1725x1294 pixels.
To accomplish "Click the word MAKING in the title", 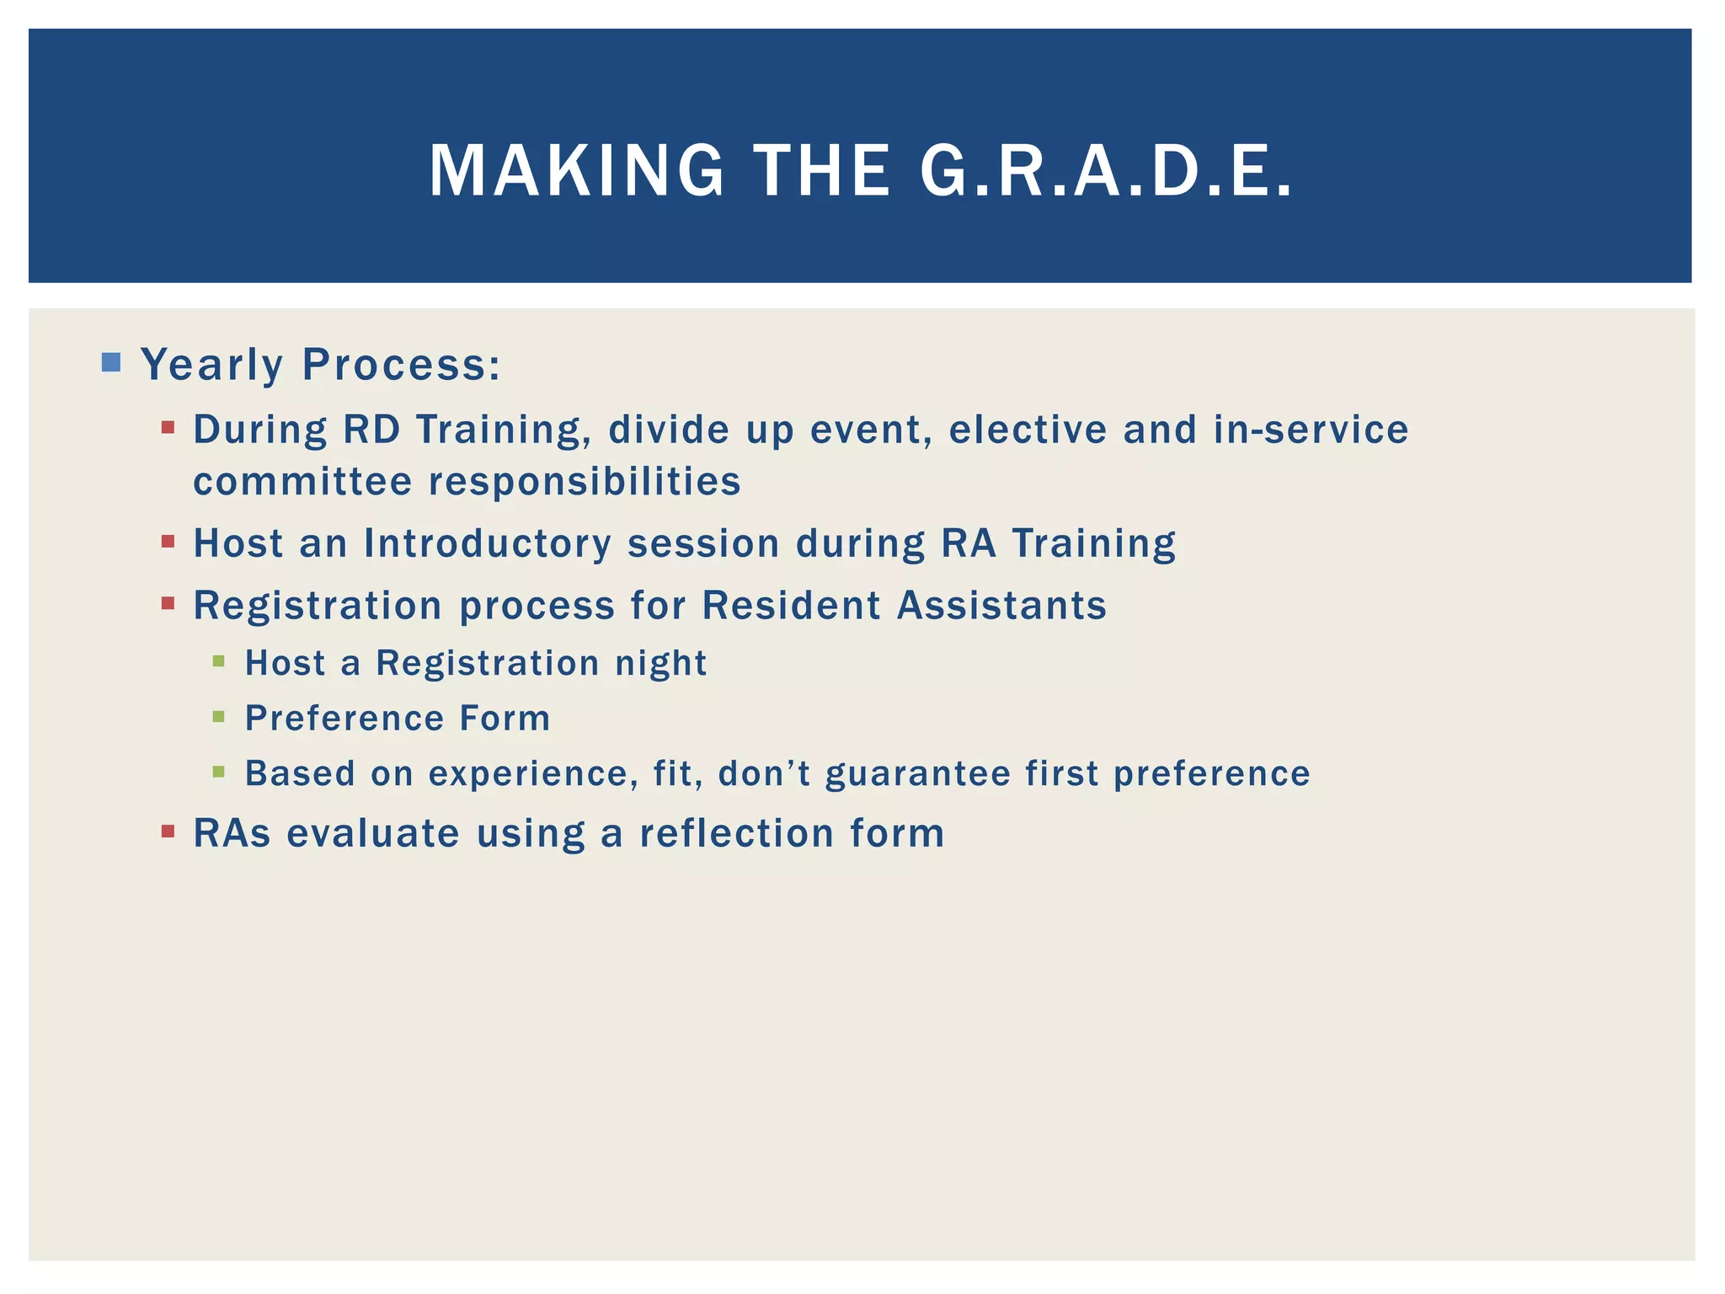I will click(576, 171).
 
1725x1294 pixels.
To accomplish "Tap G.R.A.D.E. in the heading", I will click(1105, 171).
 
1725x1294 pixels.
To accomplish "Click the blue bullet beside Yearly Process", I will click(110, 363).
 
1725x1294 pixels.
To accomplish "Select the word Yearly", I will click(211, 366).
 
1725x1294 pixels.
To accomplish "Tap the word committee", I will click(302, 482).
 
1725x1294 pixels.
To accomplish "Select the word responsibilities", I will click(585, 482).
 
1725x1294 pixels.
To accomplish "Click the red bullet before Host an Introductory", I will click(168, 542).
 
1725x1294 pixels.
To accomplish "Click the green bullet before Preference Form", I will click(219, 717).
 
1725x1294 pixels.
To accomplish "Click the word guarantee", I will click(917, 774).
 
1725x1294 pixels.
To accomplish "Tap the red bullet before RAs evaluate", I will click(168, 831).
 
